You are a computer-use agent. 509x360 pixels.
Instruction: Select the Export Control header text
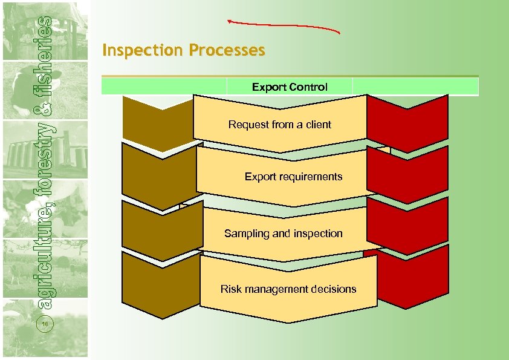point(290,87)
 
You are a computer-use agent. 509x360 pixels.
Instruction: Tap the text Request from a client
point(279,125)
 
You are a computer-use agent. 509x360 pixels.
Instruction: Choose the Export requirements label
point(293,177)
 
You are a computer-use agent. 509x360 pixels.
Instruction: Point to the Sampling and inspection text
point(283,234)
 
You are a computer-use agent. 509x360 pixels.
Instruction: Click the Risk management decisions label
point(288,289)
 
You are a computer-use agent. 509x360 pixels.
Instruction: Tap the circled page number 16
point(45,325)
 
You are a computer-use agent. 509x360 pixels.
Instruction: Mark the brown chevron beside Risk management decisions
point(161,281)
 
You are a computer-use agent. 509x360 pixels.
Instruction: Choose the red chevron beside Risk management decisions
point(412,277)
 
